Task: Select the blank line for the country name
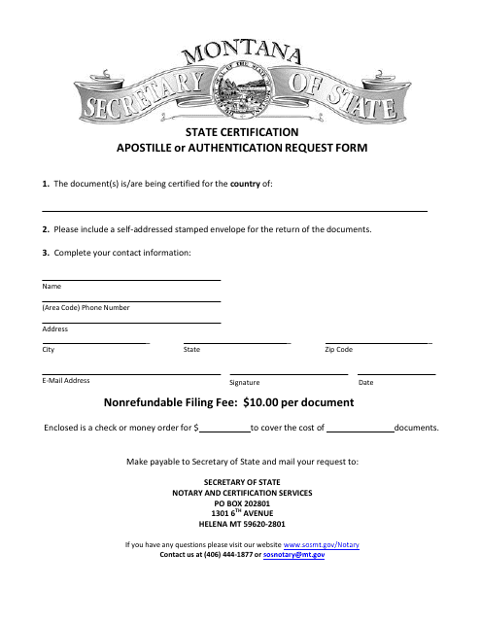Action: [x=234, y=209]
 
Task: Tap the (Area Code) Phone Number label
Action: [x=86, y=308]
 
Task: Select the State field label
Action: [x=191, y=349]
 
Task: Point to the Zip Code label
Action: [x=338, y=349]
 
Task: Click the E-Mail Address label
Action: [x=66, y=381]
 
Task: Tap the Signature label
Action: [x=244, y=383]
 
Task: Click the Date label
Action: [x=365, y=383]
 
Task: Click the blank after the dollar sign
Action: [x=224, y=427]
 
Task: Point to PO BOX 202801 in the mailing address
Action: [x=241, y=502]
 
